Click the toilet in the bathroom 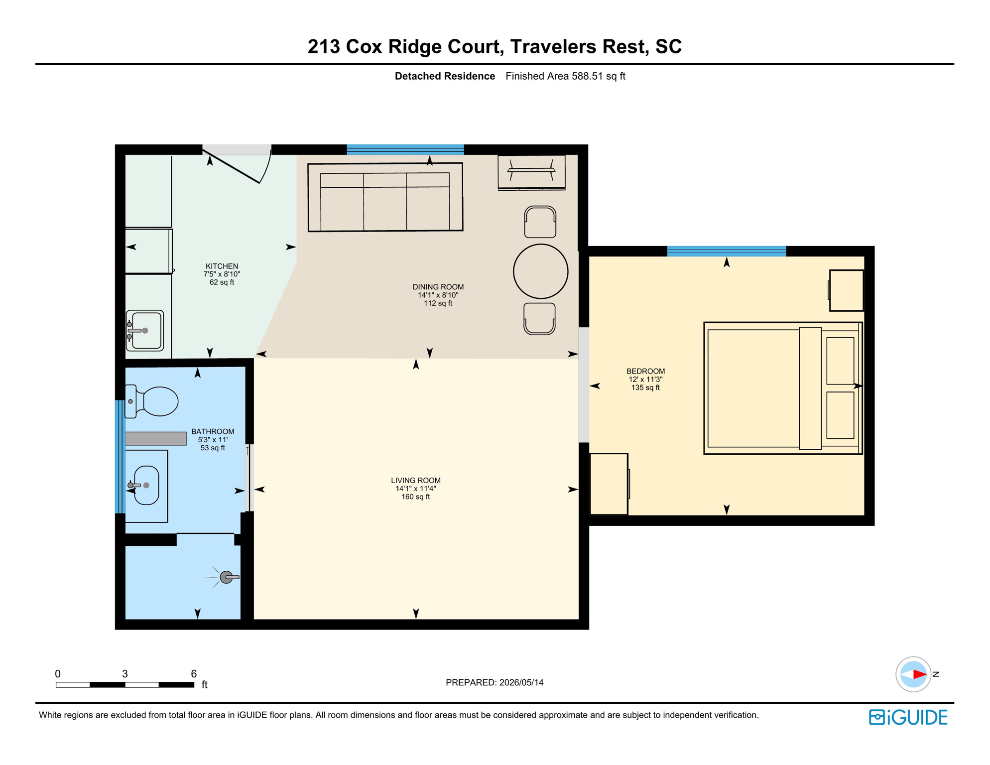[151, 401]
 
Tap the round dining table [540, 271]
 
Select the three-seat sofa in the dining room [385, 197]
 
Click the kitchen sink [145, 331]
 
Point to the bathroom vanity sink [145, 485]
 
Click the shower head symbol [227, 577]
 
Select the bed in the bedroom [783, 388]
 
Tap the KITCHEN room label [222, 266]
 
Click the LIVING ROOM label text [415, 480]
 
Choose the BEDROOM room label [645, 371]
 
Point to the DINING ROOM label [438, 287]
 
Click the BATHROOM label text [213, 431]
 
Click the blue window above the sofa [405, 149]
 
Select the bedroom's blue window [727, 251]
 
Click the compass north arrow [919, 674]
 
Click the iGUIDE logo [908, 717]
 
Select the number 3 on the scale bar [125, 674]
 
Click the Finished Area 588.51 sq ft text [565, 76]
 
